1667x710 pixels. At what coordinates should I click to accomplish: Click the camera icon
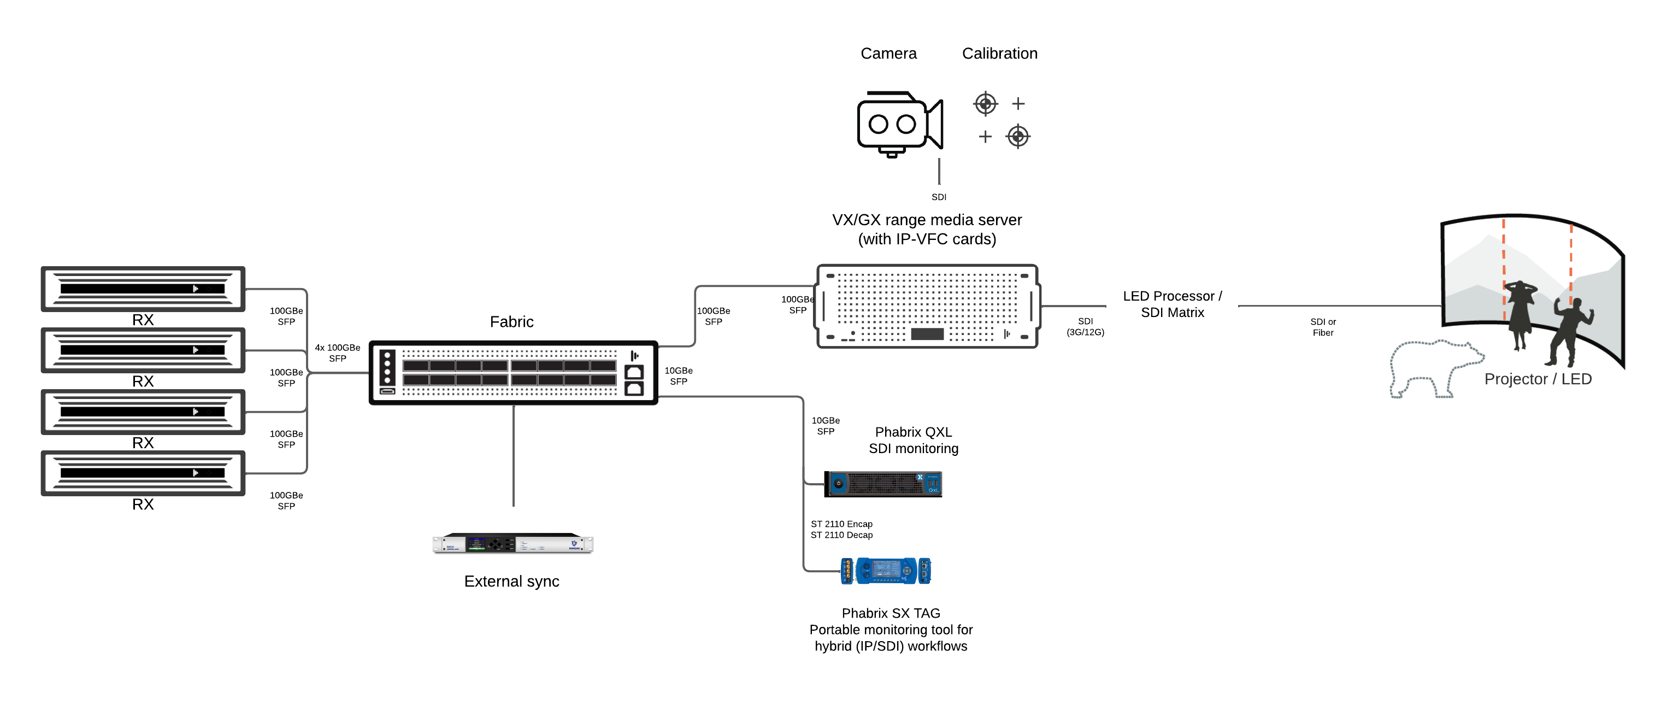click(x=899, y=124)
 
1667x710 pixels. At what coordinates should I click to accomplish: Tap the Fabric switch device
click(x=513, y=373)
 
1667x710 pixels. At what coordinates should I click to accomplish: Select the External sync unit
click(x=513, y=544)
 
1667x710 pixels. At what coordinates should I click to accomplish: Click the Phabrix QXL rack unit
click(x=883, y=484)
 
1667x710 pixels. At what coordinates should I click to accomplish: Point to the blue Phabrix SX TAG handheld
click(x=885, y=571)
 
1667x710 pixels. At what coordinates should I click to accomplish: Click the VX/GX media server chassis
click(x=927, y=306)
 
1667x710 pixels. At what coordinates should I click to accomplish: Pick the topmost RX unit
click(x=143, y=289)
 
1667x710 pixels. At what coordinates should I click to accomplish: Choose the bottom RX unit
click(x=143, y=473)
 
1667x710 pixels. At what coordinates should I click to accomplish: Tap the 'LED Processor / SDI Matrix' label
click(x=1172, y=304)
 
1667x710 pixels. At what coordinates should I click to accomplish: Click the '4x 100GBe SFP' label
click(x=337, y=353)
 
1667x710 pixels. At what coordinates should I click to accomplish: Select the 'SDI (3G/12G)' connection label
click(x=1085, y=327)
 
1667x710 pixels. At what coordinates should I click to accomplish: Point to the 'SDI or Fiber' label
click(x=1323, y=327)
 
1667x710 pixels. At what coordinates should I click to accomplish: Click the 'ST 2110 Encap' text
click(x=841, y=524)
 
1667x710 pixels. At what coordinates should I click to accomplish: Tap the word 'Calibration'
click(x=999, y=54)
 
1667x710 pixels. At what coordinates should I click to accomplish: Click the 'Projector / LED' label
click(x=1538, y=379)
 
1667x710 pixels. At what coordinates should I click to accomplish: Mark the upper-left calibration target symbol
click(x=985, y=103)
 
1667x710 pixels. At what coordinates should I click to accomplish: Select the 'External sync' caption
click(x=511, y=581)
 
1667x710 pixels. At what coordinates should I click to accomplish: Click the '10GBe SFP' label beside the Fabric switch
click(x=678, y=376)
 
